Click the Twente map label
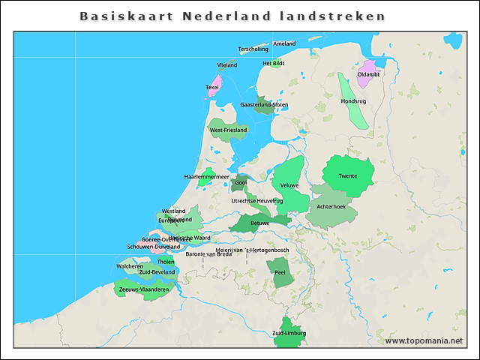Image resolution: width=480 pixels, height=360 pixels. tap(348, 176)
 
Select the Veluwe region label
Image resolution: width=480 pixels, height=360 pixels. tap(289, 184)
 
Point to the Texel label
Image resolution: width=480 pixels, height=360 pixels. tap(212, 87)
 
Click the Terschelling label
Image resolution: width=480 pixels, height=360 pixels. tap(253, 49)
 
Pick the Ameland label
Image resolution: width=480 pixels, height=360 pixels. tap(285, 44)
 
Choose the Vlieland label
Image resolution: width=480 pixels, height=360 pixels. tap(226, 65)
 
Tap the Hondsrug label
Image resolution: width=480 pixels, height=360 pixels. tap(353, 100)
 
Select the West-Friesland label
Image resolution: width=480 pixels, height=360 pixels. tap(228, 130)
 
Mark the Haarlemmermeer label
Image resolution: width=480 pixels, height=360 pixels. tap(206, 177)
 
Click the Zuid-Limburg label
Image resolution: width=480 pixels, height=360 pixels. tap(289, 333)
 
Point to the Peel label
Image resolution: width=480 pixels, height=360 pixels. tap(280, 273)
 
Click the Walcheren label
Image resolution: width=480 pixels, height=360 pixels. tap(130, 266)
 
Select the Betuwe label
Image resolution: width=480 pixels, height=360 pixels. tap(259, 223)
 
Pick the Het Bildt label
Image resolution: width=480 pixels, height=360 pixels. tap(273, 64)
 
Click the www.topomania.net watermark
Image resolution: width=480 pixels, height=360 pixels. tap(424, 341)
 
